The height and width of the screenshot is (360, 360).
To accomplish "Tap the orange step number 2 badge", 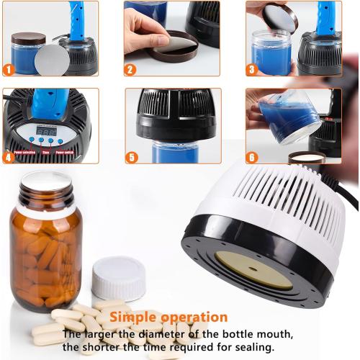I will [130, 70].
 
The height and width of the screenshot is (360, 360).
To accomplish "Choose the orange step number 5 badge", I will [130, 157].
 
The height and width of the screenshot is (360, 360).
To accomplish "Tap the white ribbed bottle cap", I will [119, 279].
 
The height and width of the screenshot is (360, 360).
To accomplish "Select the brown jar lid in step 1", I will [28, 38].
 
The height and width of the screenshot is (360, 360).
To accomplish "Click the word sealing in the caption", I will [251, 347].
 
